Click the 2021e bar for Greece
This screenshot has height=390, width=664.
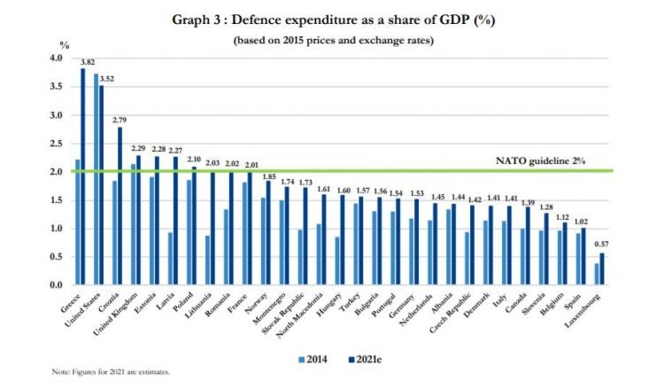(x=83, y=177)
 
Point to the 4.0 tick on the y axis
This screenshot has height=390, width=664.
(x=57, y=58)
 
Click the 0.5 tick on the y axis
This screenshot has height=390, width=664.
(x=57, y=257)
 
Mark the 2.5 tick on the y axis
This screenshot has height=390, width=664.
(x=57, y=144)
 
